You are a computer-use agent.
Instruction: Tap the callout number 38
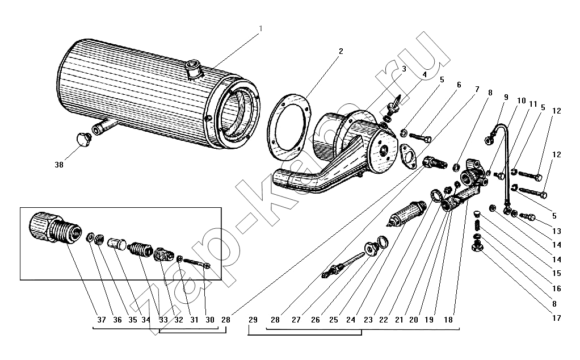point(59,165)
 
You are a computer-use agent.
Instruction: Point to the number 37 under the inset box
point(102,320)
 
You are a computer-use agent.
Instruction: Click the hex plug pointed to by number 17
point(478,247)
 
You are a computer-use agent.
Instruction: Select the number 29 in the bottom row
point(253,320)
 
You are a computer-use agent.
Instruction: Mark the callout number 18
point(448,320)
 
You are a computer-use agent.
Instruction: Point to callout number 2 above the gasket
point(340,51)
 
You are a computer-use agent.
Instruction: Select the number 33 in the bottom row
point(163,320)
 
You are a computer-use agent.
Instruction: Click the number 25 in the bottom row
point(333,320)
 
